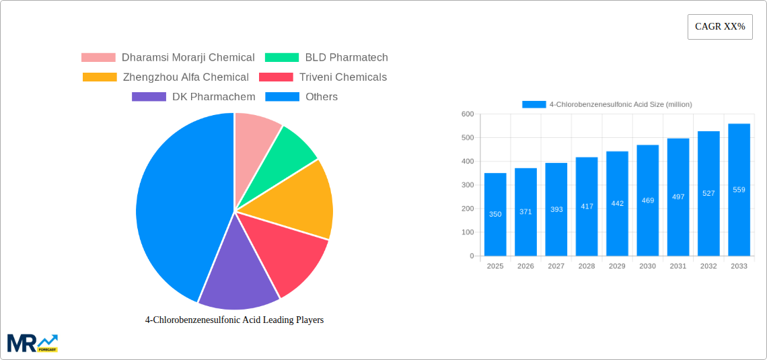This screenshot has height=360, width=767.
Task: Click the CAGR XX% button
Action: pos(720,27)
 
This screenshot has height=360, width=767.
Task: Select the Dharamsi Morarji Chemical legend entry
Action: pos(168,58)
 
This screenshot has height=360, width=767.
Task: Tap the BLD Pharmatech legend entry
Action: pos(326,58)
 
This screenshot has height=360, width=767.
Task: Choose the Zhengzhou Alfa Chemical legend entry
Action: pos(166,77)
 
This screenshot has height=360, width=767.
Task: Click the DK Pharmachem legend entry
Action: pos(194,97)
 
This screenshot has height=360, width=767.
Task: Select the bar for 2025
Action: pos(495,214)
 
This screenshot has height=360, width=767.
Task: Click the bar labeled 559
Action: pos(739,190)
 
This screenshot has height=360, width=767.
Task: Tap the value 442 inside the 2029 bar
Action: pos(617,203)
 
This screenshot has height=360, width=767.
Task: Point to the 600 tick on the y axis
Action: pos(467,114)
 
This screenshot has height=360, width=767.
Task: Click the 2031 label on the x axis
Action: pos(678,266)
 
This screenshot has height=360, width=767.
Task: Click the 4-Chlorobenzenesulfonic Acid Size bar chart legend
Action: pos(607,104)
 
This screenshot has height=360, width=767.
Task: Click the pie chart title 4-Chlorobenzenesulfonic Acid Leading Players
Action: pos(234,320)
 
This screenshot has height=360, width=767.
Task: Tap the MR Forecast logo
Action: pos(32,343)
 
